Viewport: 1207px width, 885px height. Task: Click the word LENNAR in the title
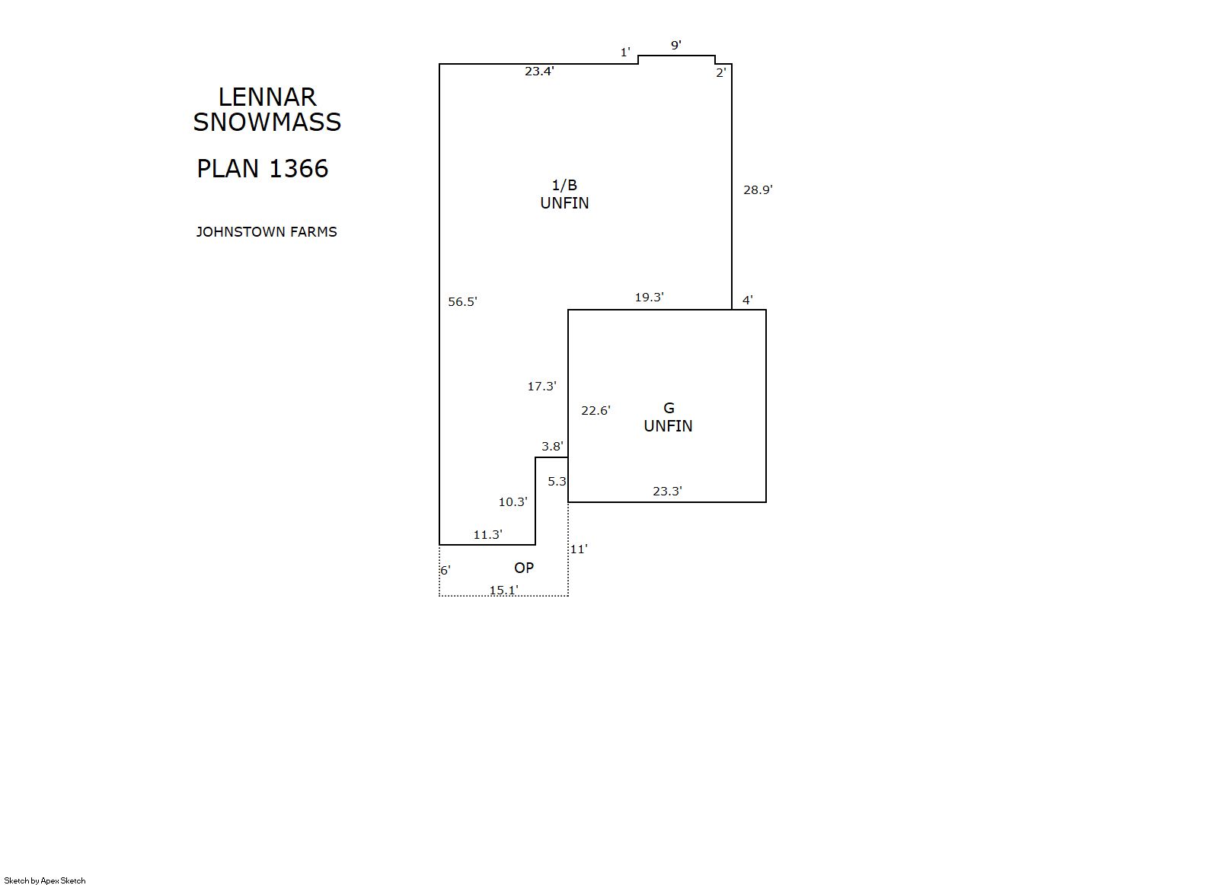tap(267, 97)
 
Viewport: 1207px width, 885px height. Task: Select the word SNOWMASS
tap(267, 123)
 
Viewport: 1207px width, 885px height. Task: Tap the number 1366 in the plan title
tap(299, 168)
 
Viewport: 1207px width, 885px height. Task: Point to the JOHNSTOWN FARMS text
tap(267, 232)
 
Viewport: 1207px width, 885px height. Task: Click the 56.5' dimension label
tap(462, 301)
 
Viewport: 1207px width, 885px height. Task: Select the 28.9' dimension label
tap(758, 189)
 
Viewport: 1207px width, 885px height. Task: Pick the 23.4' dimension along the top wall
tap(539, 71)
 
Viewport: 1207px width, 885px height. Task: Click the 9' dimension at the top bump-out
tap(675, 45)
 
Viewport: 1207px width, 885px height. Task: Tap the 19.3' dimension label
tap(649, 297)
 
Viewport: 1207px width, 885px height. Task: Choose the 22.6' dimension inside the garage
tap(596, 411)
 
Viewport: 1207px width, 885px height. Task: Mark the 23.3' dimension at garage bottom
tap(667, 491)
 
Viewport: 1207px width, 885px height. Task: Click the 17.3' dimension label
tap(541, 386)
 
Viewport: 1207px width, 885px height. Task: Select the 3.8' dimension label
tap(552, 446)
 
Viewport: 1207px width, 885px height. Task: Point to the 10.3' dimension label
tap(512, 501)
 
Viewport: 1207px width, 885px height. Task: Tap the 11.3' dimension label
tap(487, 534)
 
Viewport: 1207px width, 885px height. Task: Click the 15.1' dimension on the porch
tap(503, 590)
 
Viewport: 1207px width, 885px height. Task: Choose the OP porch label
tap(524, 568)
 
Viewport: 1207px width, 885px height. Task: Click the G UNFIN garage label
tap(668, 417)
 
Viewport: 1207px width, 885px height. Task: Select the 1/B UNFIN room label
tap(564, 194)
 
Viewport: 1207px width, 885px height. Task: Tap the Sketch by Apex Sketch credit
tap(45, 880)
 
